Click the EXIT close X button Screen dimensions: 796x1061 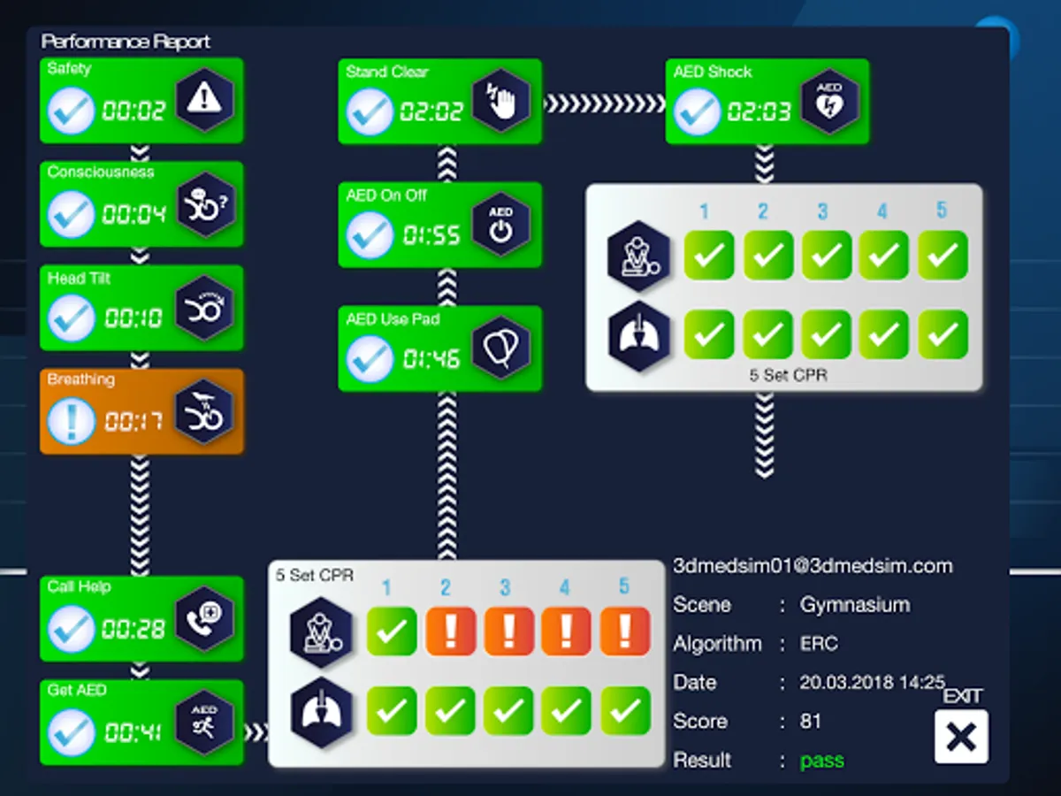coord(961,737)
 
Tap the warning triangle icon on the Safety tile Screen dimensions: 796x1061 coord(204,99)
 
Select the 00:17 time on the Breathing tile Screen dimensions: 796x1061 coord(134,421)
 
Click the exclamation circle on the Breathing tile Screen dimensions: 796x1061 coord(71,420)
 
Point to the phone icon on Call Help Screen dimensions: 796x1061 coord(204,617)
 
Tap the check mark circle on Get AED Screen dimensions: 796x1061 coord(71,731)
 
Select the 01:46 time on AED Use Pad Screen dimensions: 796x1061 coord(431,358)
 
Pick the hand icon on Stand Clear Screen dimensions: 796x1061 coord(500,101)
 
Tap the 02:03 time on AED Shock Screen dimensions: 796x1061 coord(759,111)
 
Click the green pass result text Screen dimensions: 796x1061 coord(821,760)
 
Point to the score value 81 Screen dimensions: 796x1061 coord(811,721)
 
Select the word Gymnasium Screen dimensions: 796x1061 coord(854,605)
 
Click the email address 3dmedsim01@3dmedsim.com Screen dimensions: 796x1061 coord(813,566)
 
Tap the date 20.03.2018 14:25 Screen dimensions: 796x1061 coord(872,682)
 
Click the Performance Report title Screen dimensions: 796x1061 coord(126,42)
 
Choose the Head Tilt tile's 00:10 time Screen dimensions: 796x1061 coord(134,318)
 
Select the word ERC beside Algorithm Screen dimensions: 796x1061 coord(819,644)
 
